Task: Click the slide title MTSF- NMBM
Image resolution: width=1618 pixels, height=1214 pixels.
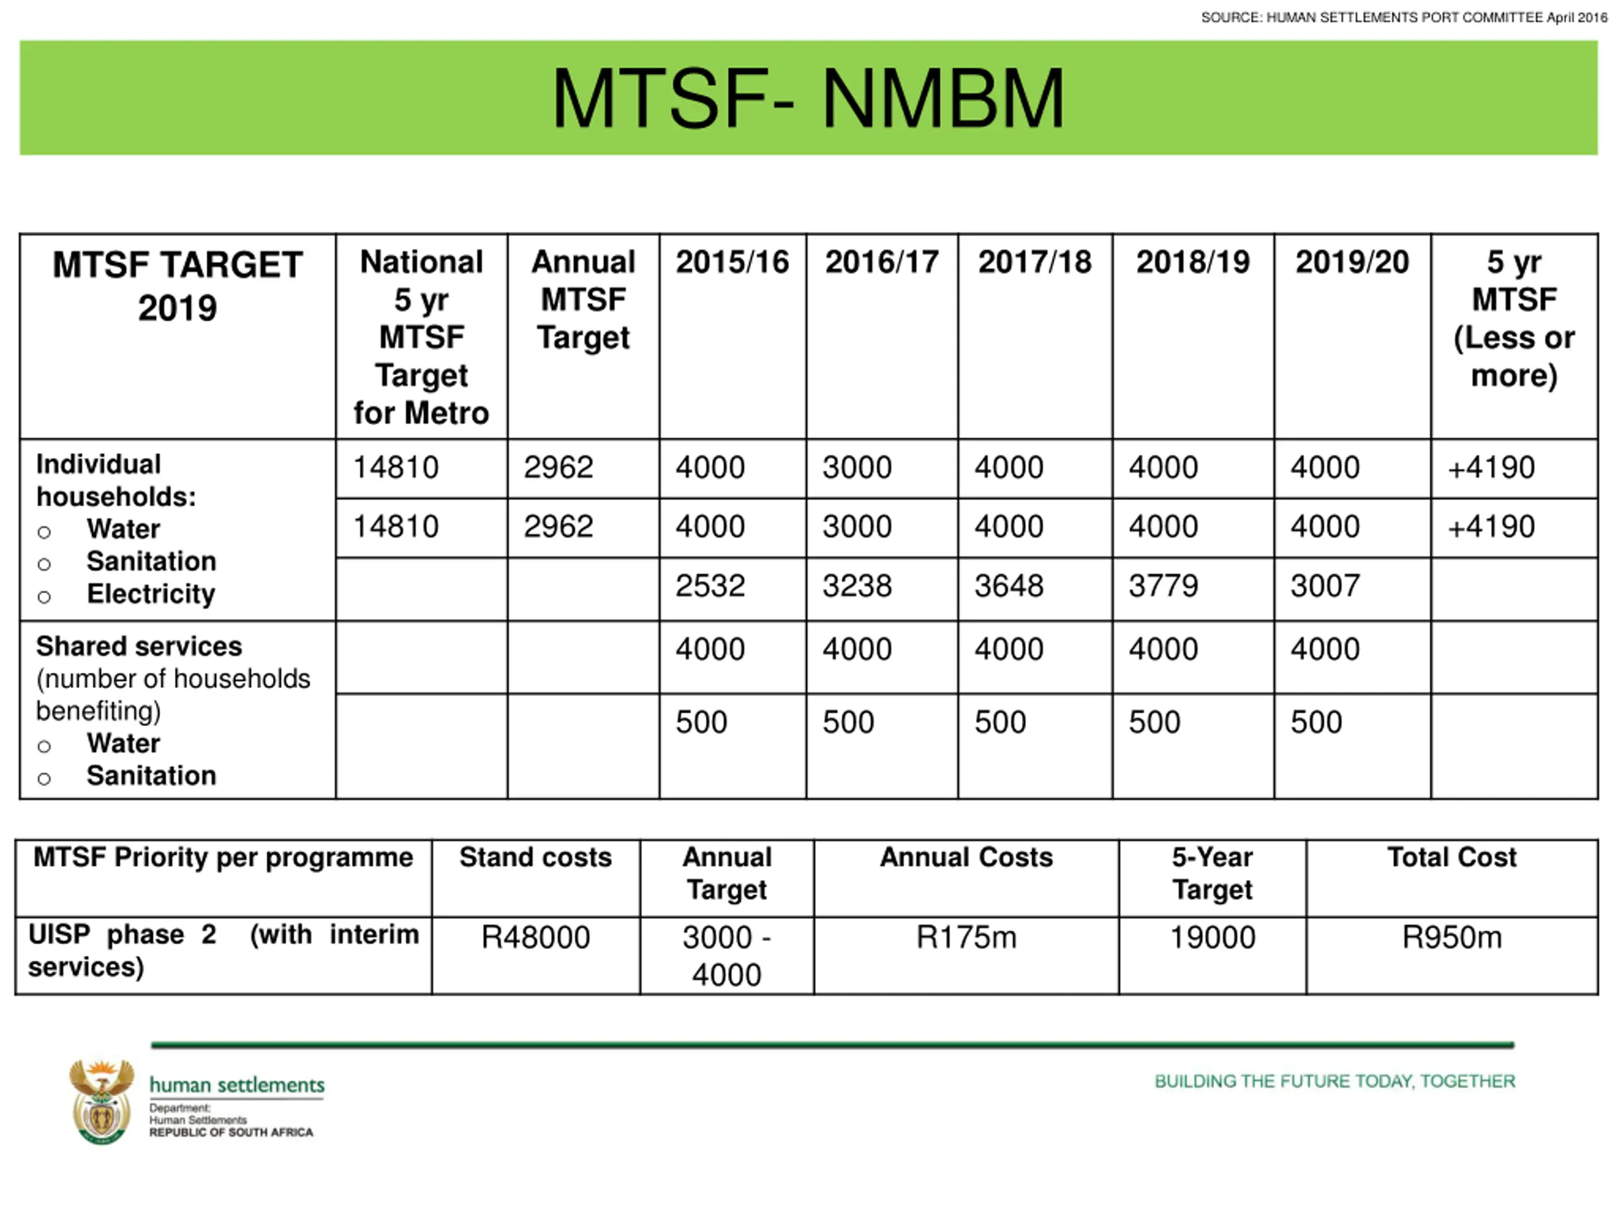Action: (x=808, y=99)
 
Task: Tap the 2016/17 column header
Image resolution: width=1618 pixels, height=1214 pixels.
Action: (x=882, y=262)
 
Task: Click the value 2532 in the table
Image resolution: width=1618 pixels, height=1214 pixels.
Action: (x=710, y=586)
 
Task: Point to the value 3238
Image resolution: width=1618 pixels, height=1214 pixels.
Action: (x=856, y=586)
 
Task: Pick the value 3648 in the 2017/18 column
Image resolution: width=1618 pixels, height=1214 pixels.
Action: (x=1008, y=586)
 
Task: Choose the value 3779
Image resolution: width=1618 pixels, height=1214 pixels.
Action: (x=1163, y=586)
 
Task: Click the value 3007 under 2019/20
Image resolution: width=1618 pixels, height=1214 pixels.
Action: (x=1325, y=586)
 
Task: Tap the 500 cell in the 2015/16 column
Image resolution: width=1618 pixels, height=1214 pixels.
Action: (x=701, y=722)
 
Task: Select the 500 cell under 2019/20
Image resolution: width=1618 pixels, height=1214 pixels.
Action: (x=1316, y=722)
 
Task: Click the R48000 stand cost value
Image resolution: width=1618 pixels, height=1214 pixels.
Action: (x=535, y=938)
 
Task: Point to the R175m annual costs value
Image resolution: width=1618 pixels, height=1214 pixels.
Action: (x=966, y=938)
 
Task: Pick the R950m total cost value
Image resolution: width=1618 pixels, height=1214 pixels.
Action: (x=1452, y=938)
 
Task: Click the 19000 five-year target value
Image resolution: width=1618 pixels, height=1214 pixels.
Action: (x=1212, y=938)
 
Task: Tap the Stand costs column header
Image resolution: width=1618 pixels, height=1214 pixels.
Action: (x=535, y=857)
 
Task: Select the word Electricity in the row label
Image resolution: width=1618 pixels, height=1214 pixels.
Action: (x=150, y=594)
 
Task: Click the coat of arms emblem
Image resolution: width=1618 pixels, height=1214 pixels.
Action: (x=102, y=1101)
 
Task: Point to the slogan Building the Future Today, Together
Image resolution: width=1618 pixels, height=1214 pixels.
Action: (x=1334, y=1082)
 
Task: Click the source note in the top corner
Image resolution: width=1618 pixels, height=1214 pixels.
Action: (x=1404, y=18)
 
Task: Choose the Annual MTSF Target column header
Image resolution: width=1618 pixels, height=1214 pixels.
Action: (x=583, y=300)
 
